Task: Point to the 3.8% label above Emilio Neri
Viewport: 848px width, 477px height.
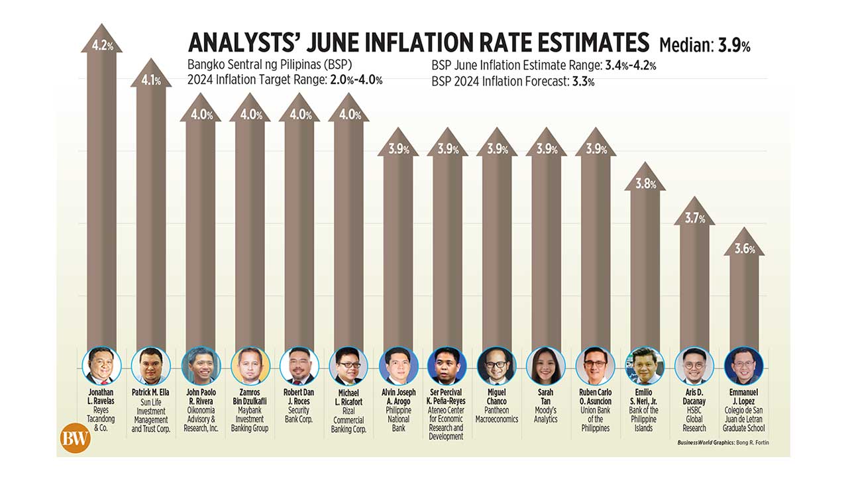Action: pyautogui.click(x=645, y=184)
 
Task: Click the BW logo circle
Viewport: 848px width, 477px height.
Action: pyautogui.click(x=75, y=437)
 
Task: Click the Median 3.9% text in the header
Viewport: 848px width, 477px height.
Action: pyautogui.click(x=704, y=46)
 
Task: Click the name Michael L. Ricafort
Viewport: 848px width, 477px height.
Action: pyautogui.click(x=348, y=397)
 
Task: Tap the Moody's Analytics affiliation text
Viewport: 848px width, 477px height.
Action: pyautogui.click(x=545, y=415)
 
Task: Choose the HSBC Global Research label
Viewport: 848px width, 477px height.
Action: pyautogui.click(x=694, y=415)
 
